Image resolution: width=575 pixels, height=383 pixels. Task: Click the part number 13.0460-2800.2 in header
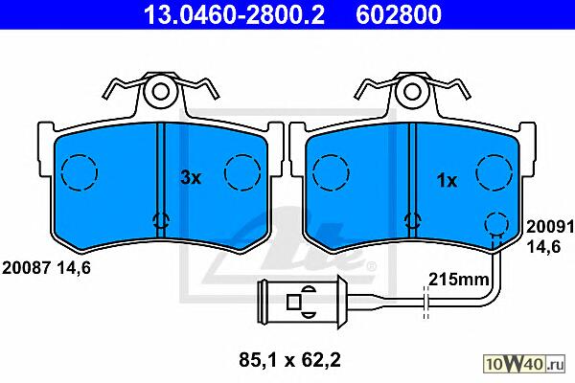coord(234,14)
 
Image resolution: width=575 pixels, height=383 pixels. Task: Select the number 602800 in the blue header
coord(399,14)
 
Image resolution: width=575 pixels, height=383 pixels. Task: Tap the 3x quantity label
coord(191,178)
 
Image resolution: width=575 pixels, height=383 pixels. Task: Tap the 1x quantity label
coord(447,180)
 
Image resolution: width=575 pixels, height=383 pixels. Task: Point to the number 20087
coord(26,268)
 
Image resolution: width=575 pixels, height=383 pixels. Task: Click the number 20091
coord(550,227)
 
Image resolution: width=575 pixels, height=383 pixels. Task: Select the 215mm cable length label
coord(458,280)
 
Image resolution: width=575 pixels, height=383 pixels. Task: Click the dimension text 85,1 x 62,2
coord(289,360)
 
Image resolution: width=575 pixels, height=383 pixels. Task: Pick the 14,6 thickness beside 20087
coord(74,268)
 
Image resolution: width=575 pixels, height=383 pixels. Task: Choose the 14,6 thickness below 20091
coord(543,247)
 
